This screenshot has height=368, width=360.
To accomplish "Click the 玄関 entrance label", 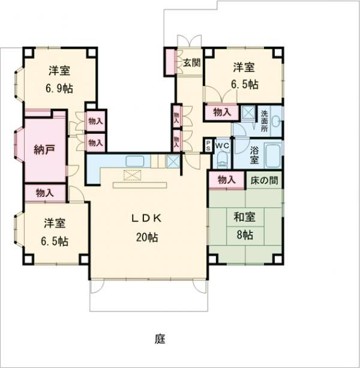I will pos(191,62).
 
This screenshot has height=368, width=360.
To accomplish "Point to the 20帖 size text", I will pos(147,237).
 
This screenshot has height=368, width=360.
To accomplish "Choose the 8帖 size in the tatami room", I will pos(244,235).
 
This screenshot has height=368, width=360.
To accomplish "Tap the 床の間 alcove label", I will pos(264,179).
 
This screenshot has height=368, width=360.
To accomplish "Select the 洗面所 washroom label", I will pos(264,121).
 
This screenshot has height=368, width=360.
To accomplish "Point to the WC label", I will pos(222,145).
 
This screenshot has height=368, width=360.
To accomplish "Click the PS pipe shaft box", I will pos(208,146).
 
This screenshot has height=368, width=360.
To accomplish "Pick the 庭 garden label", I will pos(160,339).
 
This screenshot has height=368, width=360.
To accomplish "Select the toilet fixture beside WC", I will pos(221,160).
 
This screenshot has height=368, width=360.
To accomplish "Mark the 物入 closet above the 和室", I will pos(226,179).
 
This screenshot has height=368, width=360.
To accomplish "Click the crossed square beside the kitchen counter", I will pos(173,161).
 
